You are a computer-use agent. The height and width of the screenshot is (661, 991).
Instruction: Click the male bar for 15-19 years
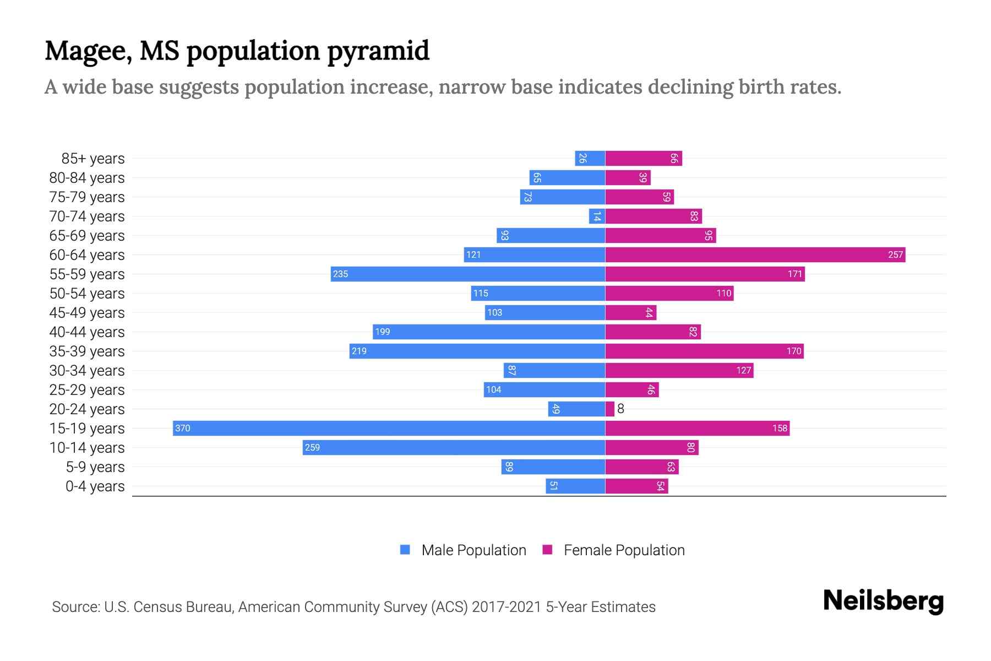tap(389, 428)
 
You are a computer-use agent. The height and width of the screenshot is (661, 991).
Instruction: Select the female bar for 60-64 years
tap(755, 254)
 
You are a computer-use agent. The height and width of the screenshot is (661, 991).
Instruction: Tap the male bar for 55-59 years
tap(467, 274)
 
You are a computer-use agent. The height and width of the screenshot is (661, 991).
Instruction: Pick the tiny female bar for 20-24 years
tap(609, 409)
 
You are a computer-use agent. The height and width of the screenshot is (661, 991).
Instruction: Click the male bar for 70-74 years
tap(597, 216)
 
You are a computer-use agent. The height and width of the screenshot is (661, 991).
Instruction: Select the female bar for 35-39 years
tap(704, 351)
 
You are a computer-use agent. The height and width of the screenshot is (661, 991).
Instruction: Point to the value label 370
tap(183, 428)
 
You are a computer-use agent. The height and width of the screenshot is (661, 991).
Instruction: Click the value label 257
tap(895, 254)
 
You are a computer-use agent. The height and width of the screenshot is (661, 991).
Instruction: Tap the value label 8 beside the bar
tap(620, 409)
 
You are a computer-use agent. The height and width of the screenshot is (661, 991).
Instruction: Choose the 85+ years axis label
tap(93, 159)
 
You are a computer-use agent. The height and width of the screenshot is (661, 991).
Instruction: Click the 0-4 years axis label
tap(95, 486)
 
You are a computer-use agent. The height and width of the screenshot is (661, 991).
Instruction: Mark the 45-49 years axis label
tap(87, 313)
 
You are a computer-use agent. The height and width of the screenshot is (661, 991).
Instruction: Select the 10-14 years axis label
tap(87, 448)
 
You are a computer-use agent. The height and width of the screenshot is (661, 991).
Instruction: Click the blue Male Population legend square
tap(405, 550)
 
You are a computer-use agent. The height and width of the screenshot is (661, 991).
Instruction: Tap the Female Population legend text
tap(624, 550)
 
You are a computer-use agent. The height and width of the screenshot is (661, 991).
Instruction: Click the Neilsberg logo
tap(883, 601)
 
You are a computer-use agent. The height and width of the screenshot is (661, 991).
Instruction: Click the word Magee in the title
tap(88, 51)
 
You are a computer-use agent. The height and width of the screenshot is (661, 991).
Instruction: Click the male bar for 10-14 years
tap(454, 447)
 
